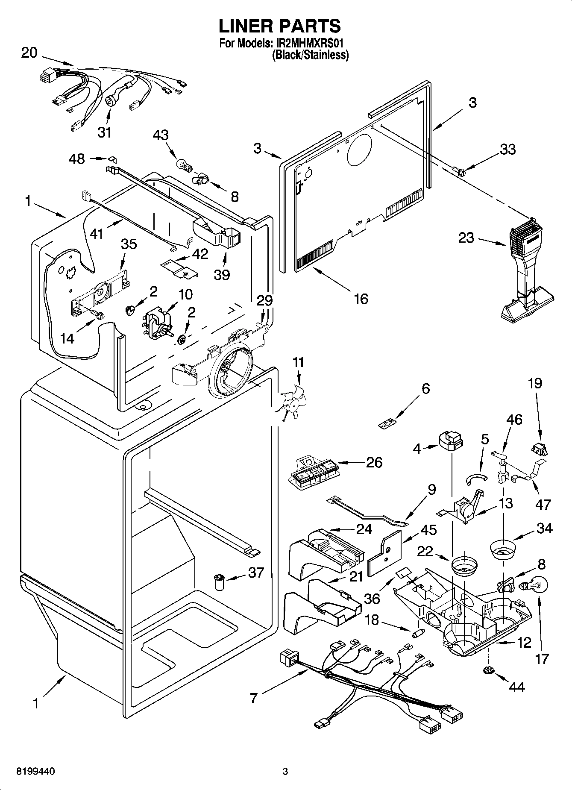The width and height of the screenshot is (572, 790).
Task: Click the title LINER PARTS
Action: [x=280, y=26]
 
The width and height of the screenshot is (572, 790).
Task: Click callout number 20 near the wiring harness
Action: [x=29, y=53]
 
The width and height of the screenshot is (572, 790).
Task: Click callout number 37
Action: [x=256, y=573]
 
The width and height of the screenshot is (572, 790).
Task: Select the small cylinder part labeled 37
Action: [x=219, y=582]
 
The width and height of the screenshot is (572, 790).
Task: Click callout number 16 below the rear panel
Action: [x=361, y=299]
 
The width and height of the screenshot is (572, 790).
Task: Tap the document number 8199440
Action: [x=35, y=772]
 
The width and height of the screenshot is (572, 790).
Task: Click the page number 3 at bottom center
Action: [x=285, y=772]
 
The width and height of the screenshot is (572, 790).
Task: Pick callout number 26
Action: [x=374, y=462]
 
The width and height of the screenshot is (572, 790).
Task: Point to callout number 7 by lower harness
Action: [x=254, y=698]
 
